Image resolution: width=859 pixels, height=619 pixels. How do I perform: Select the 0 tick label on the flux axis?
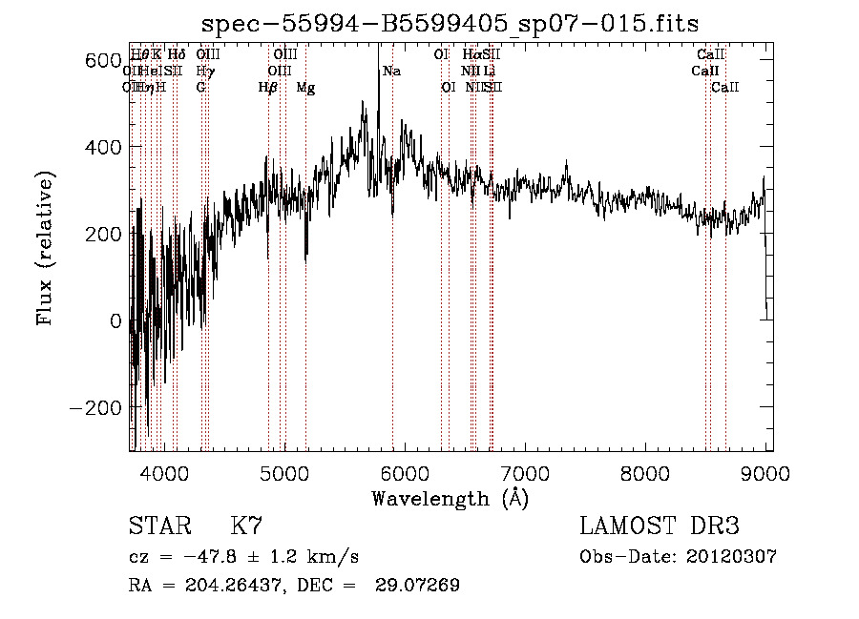coord(115,321)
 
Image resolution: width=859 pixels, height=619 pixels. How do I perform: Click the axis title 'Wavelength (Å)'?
coord(450,498)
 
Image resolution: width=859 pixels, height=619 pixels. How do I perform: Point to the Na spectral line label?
coord(391,72)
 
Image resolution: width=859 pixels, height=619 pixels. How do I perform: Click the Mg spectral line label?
coord(305,88)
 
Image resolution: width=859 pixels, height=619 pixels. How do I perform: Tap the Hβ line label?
coord(267,88)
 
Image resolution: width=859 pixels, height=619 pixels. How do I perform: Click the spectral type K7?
coord(246,526)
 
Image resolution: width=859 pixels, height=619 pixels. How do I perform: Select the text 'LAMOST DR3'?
coord(660,526)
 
